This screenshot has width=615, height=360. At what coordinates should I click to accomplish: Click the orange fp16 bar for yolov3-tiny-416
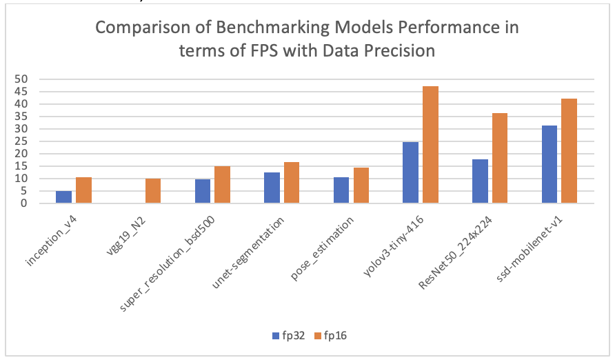point(430,145)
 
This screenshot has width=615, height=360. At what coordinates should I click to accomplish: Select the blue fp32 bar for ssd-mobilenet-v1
point(549,165)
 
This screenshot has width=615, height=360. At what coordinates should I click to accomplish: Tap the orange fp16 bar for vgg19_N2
point(152,191)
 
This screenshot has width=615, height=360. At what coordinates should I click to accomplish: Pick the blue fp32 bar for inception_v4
point(63,197)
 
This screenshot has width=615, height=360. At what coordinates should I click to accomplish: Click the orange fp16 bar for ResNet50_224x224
point(499,158)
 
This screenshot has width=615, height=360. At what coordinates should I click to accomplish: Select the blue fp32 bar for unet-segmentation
point(272,188)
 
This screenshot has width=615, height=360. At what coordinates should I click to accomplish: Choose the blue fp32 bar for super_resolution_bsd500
point(203,191)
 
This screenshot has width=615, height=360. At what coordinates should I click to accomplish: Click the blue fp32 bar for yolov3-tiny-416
point(410,172)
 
